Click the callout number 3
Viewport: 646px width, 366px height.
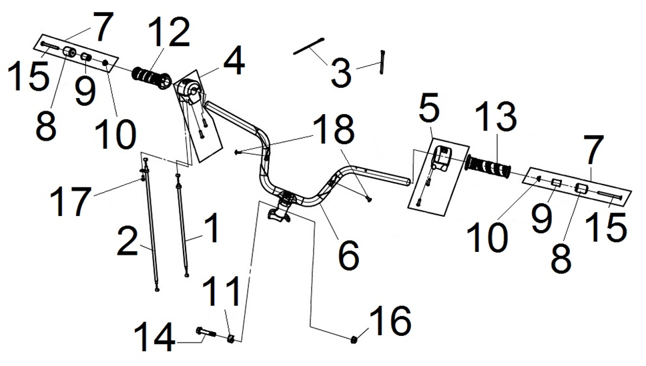(x=341, y=72)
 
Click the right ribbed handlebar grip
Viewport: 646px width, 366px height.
(x=489, y=167)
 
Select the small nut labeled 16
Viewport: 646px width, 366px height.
(x=355, y=340)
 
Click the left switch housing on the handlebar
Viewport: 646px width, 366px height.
(x=189, y=90)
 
